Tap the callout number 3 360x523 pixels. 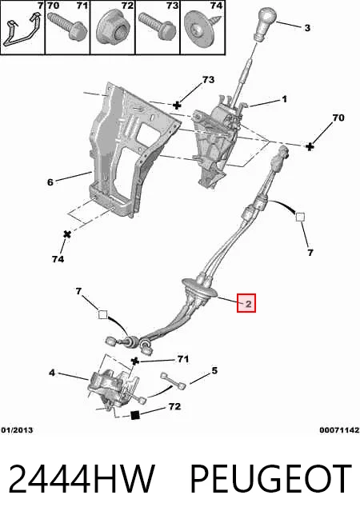[x=307, y=28]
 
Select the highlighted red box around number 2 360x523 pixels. [x=246, y=303]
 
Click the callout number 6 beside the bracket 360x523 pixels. [x=50, y=182]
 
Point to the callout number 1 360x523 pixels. [x=284, y=99]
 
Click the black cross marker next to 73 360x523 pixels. [x=177, y=106]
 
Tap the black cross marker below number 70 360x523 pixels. [x=310, y=146]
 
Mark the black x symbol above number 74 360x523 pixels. [x=67, y=234]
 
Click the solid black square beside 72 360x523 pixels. [x=134, y=415]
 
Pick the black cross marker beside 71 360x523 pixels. [x=134, y=361]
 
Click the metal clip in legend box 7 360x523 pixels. [x=22, y=30]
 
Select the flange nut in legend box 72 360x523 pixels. [x=113, y=30]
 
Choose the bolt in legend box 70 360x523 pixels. [x=67, y=26]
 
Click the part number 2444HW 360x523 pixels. [x=82, y=479]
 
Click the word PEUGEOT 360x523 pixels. [x=270, y=479]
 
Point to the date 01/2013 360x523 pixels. [x=17, y=430]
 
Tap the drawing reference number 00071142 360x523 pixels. [x=339, y=430]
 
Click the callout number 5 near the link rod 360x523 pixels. [x=214, y=370]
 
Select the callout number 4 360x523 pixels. [x=52, y=373]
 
